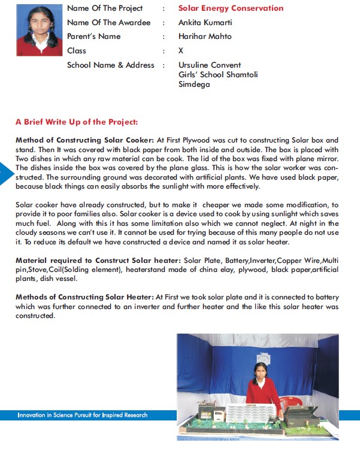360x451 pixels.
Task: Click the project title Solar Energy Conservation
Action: (231, 8)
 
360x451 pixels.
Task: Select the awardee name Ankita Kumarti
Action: (205, 22)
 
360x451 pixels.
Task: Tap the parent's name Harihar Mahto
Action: (205, 37)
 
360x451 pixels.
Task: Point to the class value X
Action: (181, 51)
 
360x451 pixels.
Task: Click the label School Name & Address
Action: (111, 65)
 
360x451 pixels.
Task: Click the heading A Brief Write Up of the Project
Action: (77, 122)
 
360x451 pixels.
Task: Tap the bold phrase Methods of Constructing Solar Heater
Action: (84, 296)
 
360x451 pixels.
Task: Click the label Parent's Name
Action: (93, 37)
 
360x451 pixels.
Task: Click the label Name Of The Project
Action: (105, 8)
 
